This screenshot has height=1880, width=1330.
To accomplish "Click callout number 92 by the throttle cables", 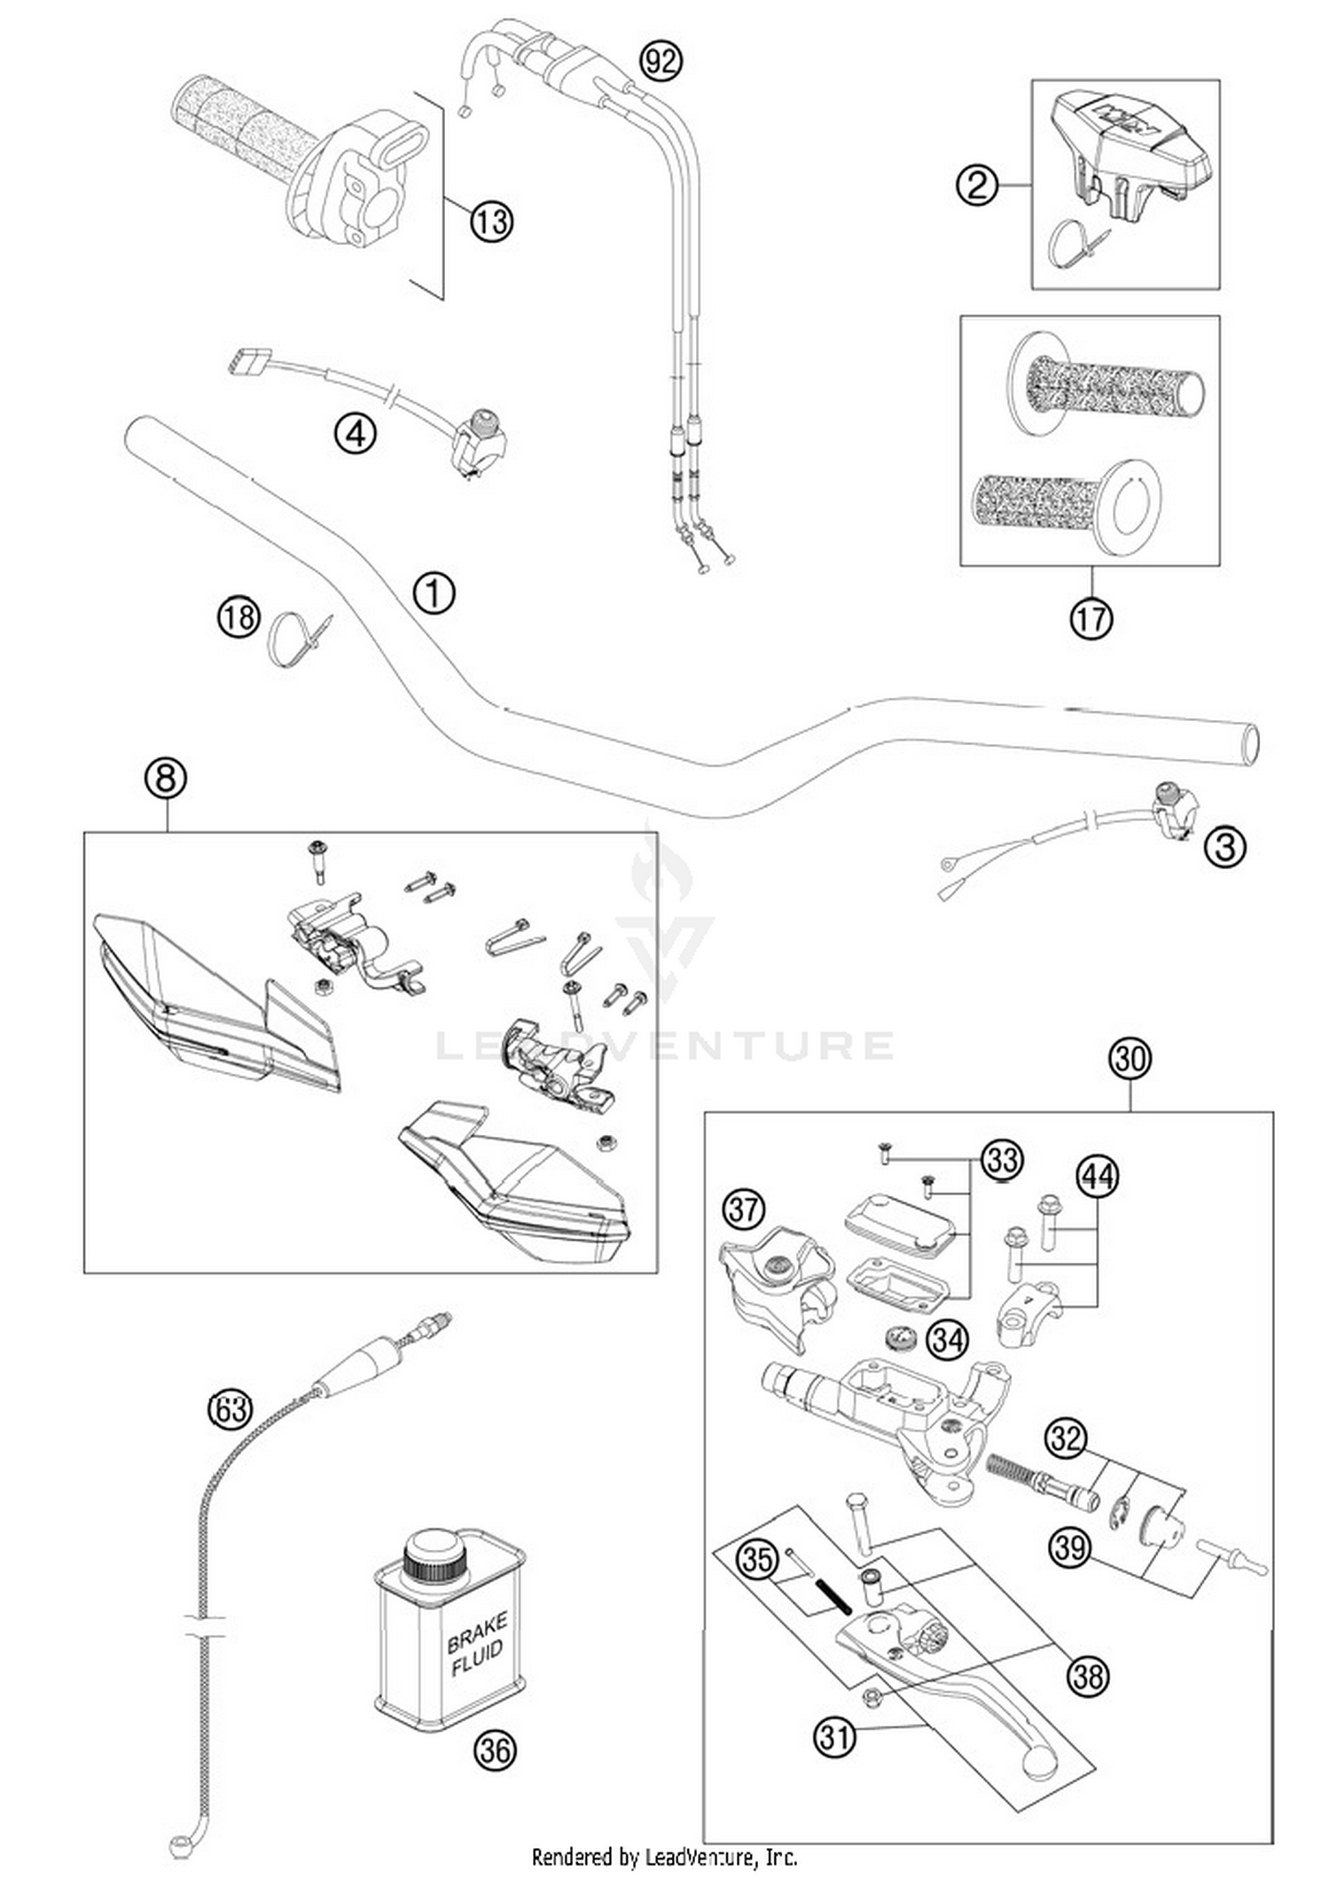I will pyautogui.click(x=661, y=61).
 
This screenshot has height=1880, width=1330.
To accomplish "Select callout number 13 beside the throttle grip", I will pyautogui.click(x=491, y=220).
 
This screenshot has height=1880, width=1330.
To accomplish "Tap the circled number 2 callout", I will pyautogui.click(x=976, y=185).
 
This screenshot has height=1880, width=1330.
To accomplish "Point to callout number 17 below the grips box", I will pyautogui.click(x=1091, y=618).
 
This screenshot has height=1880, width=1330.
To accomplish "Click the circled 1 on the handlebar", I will pyautogui.click(x=434, y=592).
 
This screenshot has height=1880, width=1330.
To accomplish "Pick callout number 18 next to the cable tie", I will pyautogui.click(x=239, y=616).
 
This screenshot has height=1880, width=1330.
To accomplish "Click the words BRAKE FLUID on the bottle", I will pyautogui.click(x=476, y=1646).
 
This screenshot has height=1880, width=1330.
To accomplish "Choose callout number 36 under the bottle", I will pyautogui.click(x=494, y=1750).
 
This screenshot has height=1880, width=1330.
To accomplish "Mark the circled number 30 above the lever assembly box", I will pyautogui.click(x=1130, y=1059).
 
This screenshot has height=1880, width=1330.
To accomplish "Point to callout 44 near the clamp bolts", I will pyautogui.click(x=1098, y=1177).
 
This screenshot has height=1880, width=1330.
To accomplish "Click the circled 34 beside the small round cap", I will pyautogui.click(x=947, y=1340).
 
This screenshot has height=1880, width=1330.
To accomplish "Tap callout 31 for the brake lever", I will pyautogui.click(x=834, y=1736).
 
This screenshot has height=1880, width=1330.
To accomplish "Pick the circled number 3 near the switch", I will pyautogui.click(x=1224, y=846).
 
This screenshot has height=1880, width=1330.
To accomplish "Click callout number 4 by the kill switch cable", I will pyautogui.click(x=355, y=435).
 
